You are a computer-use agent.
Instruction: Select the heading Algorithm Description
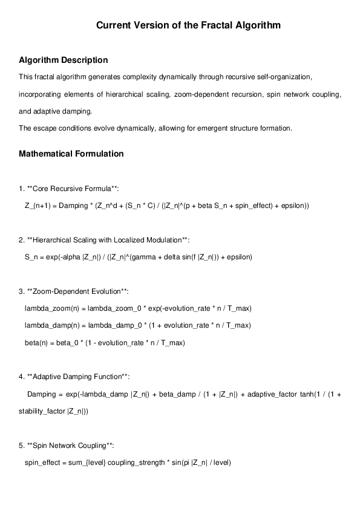[64, 60]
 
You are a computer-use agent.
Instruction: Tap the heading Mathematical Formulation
[71, 154]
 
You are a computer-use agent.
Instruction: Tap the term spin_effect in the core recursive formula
[238, 206]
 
